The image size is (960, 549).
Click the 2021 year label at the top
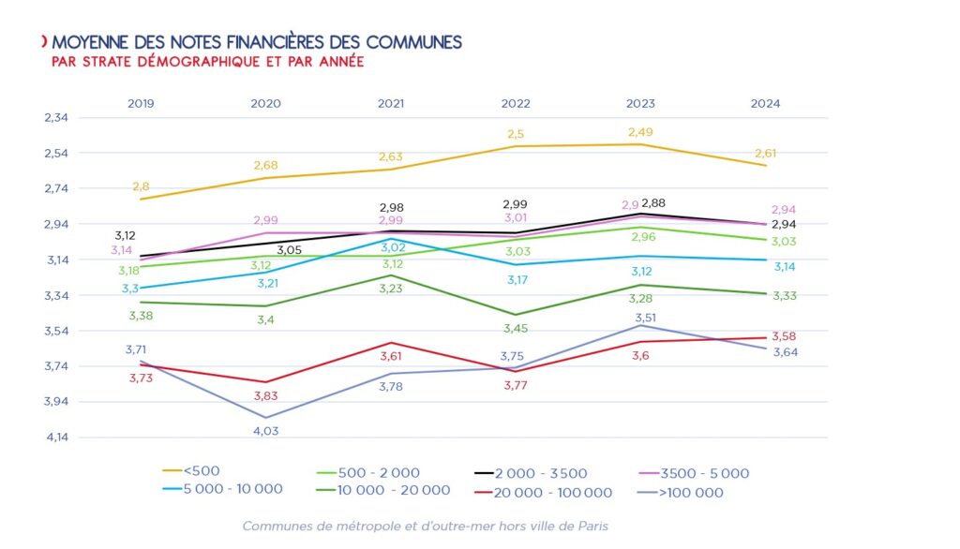tap(390, 104)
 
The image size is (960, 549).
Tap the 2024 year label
tap(765, 104)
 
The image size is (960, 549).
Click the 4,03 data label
tap(265, 431)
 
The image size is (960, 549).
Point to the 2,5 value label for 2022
tap(516, 134)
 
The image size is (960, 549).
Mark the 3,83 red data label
tap(266, 396)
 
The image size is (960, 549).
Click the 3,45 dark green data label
tap(517, 329)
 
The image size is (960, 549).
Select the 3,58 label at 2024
tap(784, 336)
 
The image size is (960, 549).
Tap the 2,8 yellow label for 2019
tap(141, 186)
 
